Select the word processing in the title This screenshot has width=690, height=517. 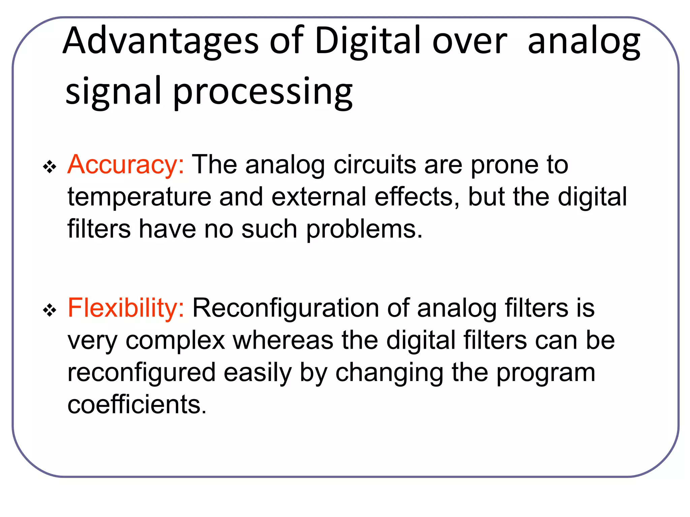pos(263,92)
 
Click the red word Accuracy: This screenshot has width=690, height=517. pos(126,165)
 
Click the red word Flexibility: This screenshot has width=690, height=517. pos(126,308)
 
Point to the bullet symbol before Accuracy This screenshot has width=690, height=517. pos(50,167)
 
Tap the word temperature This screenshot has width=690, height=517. pos(139,197)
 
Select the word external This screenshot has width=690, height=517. pos(318,197)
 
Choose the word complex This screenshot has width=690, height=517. pos(175,340)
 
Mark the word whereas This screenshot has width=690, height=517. pos(283,340)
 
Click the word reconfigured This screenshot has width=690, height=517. pos(141,373)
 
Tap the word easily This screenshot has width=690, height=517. pos(258,373)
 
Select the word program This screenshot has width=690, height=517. pos(546,373)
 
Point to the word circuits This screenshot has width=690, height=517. pos(375,165)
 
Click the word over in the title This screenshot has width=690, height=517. pos(469,41)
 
